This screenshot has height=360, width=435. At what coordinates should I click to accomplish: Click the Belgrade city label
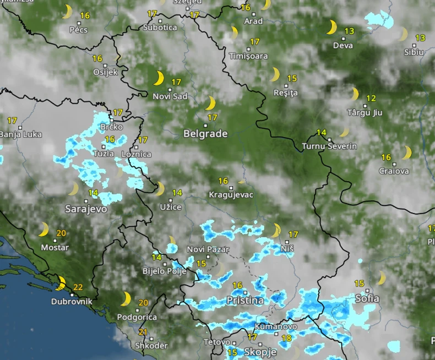point(205,134)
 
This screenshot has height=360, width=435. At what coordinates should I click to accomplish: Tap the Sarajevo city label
point(86,209)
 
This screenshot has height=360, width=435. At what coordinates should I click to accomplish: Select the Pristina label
point(244,301)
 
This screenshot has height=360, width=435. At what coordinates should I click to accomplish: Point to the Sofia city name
point(367,298)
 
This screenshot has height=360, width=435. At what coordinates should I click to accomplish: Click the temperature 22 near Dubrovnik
point(78,287)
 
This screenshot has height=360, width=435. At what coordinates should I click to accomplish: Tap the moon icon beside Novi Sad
point(159,78)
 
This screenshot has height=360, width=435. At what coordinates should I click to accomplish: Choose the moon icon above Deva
point(331,27)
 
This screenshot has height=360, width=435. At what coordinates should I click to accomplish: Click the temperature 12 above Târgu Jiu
point(371,98)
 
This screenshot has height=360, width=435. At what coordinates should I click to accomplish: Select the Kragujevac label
point(231,195)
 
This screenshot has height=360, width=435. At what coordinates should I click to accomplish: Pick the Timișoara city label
point(248,56)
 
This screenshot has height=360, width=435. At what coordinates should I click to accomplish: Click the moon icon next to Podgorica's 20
point(126,299)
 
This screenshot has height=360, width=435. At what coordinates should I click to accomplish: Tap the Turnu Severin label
point(329,146)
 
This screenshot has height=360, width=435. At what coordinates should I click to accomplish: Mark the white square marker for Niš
point(287,241)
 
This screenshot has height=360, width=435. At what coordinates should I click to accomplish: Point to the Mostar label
point(55,248)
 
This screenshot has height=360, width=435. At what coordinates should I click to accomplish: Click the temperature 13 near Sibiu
point(420,38)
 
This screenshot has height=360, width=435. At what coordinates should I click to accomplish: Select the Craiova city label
point(394,171)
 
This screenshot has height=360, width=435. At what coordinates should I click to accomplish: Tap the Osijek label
point(105,72)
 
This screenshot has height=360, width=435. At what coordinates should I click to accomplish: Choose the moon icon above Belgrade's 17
point(210,103)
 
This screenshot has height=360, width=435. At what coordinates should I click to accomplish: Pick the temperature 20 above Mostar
point(61,233)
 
